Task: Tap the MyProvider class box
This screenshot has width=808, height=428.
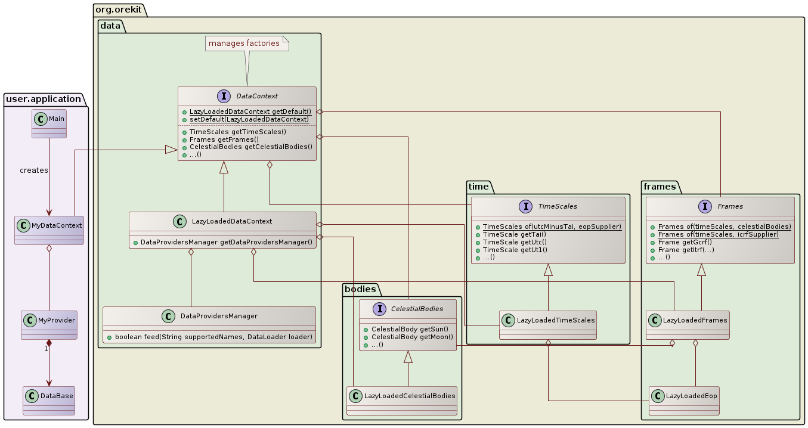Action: (x=49, y=325)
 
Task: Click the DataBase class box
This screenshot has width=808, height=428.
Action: (x=49, y=401)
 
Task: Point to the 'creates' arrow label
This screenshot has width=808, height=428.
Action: (x=34, y=170)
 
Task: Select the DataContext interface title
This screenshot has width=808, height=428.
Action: (x=256, y=95)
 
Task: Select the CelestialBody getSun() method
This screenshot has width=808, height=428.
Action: (x=409, y=329)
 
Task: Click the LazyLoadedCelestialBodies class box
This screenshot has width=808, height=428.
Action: (x=402, y=401)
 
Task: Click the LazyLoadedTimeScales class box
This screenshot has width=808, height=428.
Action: (x=548, y=325)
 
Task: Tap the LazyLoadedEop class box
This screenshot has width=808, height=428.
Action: (x=684, y=401)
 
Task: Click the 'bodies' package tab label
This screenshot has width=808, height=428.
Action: (x=361, y=289)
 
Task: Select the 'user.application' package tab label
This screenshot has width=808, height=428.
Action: (x=43, y=99)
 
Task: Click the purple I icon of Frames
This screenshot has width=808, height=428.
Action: (x=705, y=206)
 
